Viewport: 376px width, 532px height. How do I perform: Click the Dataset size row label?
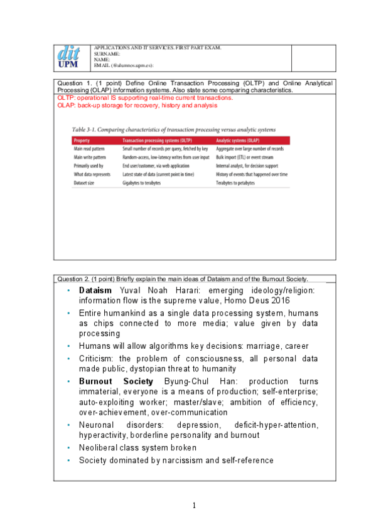(87, 183)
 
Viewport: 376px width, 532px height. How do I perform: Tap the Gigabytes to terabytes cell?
(142, 183)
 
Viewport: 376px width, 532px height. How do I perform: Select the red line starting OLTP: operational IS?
(145, 98)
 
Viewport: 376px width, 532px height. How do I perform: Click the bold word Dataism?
(95, 291)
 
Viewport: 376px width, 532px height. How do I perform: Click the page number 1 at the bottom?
(195, 505)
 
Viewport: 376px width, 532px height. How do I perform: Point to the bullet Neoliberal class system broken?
(137, 448)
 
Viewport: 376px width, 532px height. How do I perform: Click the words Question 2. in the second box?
(73, 279)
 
